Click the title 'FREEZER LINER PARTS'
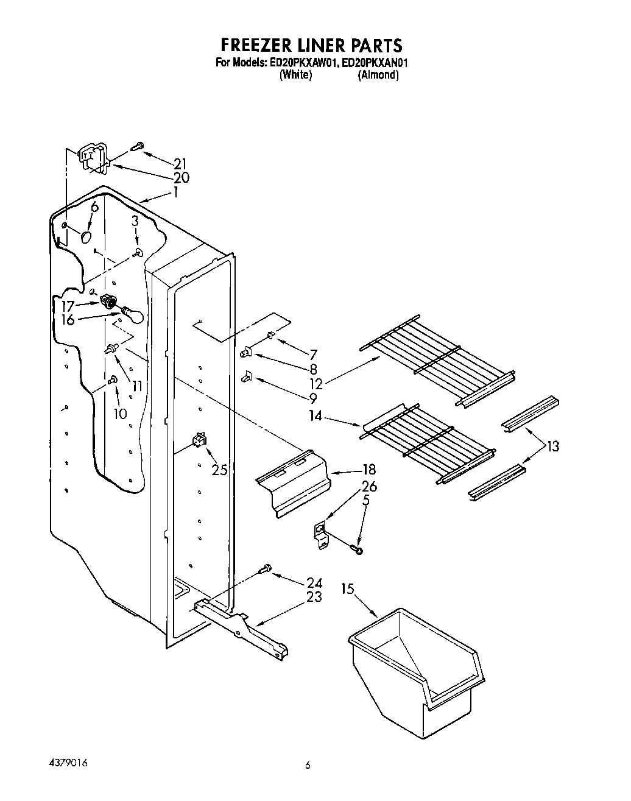tap(311, 46)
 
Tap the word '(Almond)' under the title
tap(378, 75)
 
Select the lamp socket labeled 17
tap(109, 301)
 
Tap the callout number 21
tap(180, 163)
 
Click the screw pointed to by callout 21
tap(137, 146)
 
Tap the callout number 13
tap(552, 446)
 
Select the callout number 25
tap(220, 470)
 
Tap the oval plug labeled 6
tap(86, 236)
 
